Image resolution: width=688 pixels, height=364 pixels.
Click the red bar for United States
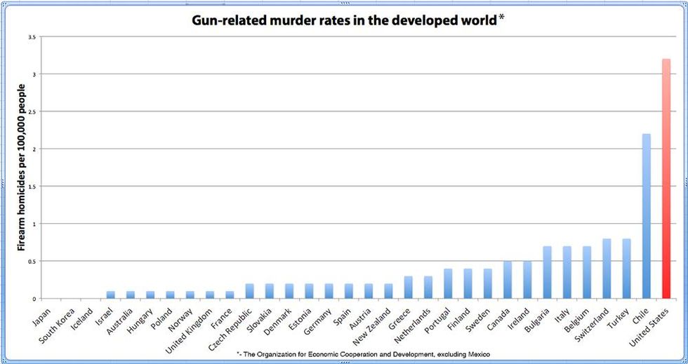click(666, 179)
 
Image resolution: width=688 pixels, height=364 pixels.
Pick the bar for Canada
click(508, 280)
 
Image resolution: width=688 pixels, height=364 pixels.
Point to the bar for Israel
click(110, 295)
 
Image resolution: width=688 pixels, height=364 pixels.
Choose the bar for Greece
click(409, 287)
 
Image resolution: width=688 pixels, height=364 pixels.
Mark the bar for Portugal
click(448, 283)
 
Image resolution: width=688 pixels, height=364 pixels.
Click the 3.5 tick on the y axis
click(32, 36)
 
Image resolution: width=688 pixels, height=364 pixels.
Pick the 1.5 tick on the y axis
click(32, 187)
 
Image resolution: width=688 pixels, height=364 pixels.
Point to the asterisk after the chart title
click(501, 18)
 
